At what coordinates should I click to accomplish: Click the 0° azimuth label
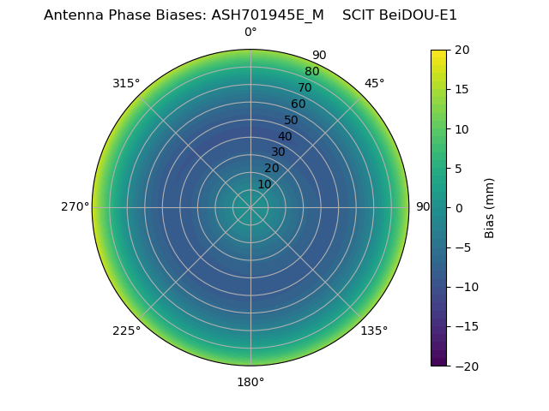click(x=250, y=33)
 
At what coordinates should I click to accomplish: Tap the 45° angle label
click(x=375, y=83)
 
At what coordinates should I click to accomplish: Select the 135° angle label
click(x=374, y=331)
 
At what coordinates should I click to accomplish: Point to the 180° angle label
click(x=250, y=382)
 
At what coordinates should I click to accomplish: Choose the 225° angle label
click(x=126, y=331)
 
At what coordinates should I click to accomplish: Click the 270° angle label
click(x=75, y=206)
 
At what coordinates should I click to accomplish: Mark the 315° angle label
click(x=126, y=83)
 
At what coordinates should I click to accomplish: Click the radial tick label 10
click(x=264, y=184)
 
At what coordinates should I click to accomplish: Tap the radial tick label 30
click(x=278, y=152)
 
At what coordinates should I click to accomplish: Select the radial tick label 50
click(x=291, y=120)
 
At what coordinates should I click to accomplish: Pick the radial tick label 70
click(x=305, y=87)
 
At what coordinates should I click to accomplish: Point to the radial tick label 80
click(x=311, y=71)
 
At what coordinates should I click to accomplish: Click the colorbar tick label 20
click(x=462, y=50)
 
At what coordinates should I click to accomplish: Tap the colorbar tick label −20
click(x=465, y=366)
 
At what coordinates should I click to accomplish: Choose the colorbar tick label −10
click(x=465, y=287)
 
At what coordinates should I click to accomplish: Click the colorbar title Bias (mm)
click(x=490, y=208)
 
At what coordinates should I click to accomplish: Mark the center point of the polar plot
click(x=250, y=207)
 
